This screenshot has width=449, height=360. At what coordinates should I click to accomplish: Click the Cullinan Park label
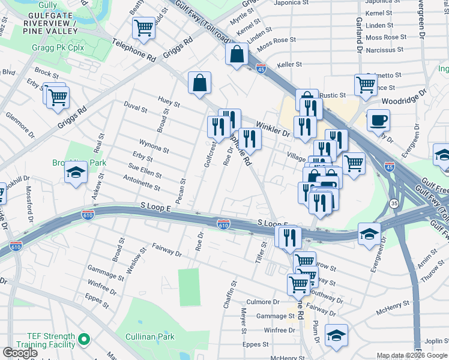[151, 337]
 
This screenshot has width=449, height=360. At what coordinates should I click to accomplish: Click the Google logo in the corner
[20, 353]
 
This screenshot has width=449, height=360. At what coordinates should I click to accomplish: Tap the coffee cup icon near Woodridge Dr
[378, 120]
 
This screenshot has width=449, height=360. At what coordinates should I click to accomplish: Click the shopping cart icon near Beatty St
[143, 27]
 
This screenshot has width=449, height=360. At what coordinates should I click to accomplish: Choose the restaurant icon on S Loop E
[288, 237]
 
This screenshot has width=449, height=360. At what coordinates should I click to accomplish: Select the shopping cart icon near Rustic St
[365, 85]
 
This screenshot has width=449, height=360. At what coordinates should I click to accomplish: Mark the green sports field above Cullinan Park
[188, 287]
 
